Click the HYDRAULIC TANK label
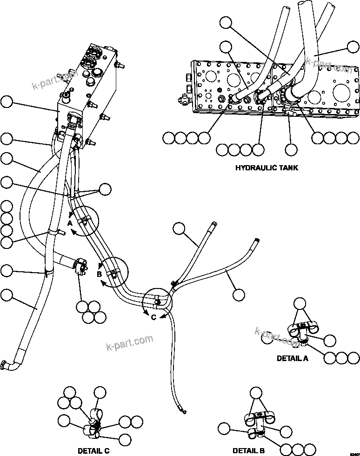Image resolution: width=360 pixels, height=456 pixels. coord(267,168)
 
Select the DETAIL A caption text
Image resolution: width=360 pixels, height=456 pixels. coord(292,358)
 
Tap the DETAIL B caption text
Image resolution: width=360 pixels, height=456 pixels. coord(249,450)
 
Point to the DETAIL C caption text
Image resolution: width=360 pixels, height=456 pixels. coord(93,450)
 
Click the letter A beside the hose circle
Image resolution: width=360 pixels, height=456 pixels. coord(69,223)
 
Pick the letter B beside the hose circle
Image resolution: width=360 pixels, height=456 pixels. coord(99,274)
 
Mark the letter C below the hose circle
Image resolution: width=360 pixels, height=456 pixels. coord(153,317)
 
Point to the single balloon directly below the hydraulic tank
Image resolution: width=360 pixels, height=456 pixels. coord(291,149)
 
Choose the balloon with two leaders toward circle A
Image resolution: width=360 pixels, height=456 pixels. coord(106,188)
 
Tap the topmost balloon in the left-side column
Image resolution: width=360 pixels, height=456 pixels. coord(7,101)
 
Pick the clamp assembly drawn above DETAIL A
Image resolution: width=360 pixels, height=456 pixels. coord(302,330)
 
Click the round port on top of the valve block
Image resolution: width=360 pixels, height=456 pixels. coord(99,73)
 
